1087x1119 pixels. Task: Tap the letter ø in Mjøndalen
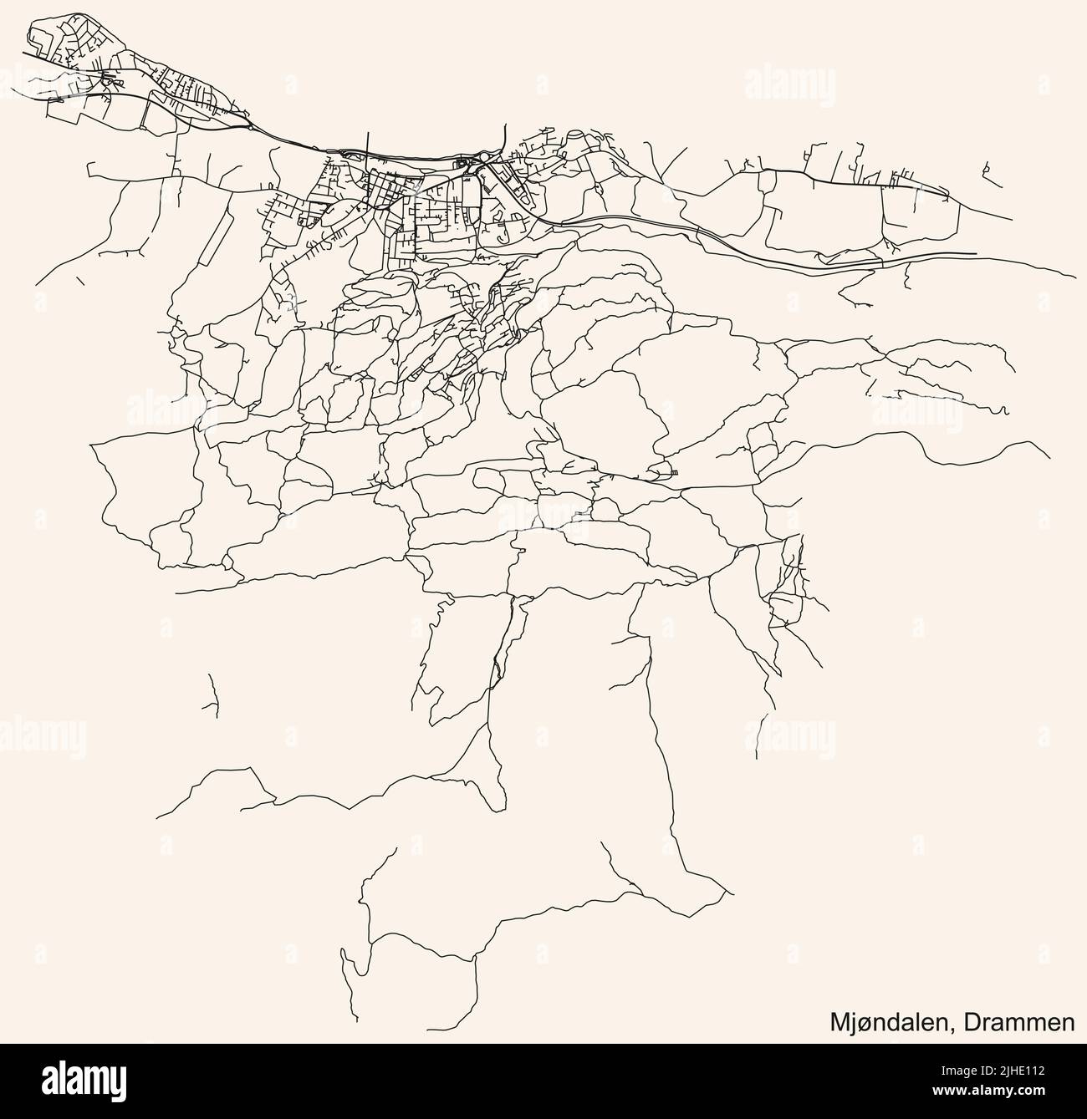[867, 1022]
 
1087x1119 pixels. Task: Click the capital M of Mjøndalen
[839, 1021]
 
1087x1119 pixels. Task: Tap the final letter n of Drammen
[1068, 1023]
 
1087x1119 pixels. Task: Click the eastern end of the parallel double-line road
[975, 252]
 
